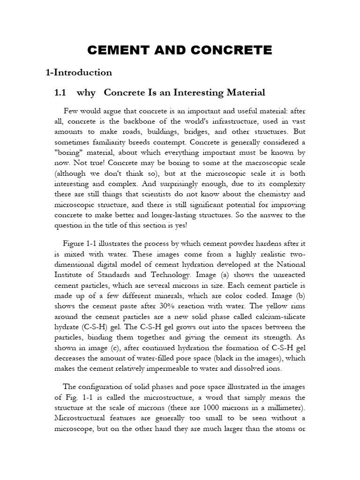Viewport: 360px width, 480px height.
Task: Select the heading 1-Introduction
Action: pos(79,72)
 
